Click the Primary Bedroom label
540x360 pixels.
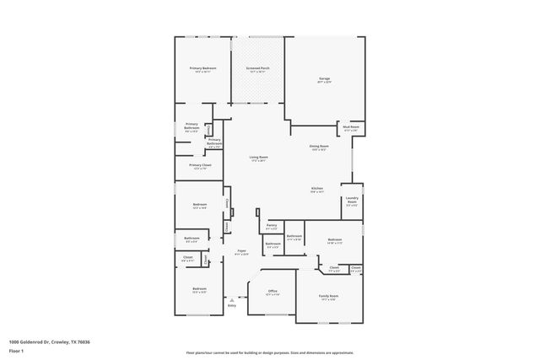[x=202, y=67]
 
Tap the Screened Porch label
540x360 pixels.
[x=257, y=67]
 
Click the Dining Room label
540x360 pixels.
[x=318, y=147]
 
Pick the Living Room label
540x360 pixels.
[x=258, y=158]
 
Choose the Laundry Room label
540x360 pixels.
[x=352, y=199]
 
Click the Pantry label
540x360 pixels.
[x=272, y=225]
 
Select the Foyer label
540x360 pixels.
[x=241, y=250]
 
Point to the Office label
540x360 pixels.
[x=273, y=291]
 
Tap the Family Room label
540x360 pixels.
[x=327, y=296]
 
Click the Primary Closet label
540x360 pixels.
[x=200, y=164]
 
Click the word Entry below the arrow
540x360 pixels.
[x=231, y=304]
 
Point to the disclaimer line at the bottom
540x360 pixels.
[x=269, y=352]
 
